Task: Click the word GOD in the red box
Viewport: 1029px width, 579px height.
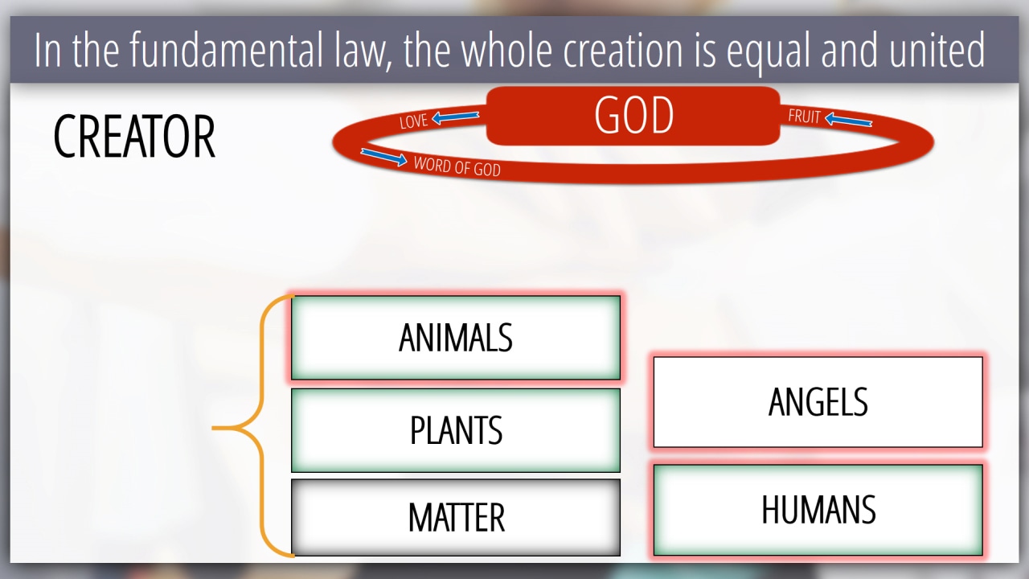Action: coord(634,115)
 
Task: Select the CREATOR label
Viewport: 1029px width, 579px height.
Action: coord(134,137)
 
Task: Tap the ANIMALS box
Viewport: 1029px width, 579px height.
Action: coord(456,338)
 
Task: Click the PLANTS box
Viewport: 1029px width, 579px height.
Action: coord(456,430)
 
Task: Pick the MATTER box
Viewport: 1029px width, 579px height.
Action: coord(456,517)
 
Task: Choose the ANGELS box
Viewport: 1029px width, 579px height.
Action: coord(818,401)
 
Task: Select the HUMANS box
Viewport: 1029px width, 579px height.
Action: coord(818,510)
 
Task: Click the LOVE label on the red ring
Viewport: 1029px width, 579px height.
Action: coord(413,121)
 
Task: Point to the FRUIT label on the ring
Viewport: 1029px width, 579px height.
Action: coord(804,117)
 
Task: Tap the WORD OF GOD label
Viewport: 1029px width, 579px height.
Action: coord(457,166)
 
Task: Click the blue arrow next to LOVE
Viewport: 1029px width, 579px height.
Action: coord(455,117)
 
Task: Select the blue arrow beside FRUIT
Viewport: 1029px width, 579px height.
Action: coord(848,120)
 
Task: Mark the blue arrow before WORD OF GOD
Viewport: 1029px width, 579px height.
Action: coord(384,157)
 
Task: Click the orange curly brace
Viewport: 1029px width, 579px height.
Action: coord(260,427)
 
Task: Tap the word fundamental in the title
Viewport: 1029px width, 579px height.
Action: coord(226,50)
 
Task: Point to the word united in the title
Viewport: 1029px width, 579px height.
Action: coord(937,50)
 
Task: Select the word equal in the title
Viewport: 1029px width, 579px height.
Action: coord(768,51)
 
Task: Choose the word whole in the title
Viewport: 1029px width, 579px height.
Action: coord(506,50)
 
